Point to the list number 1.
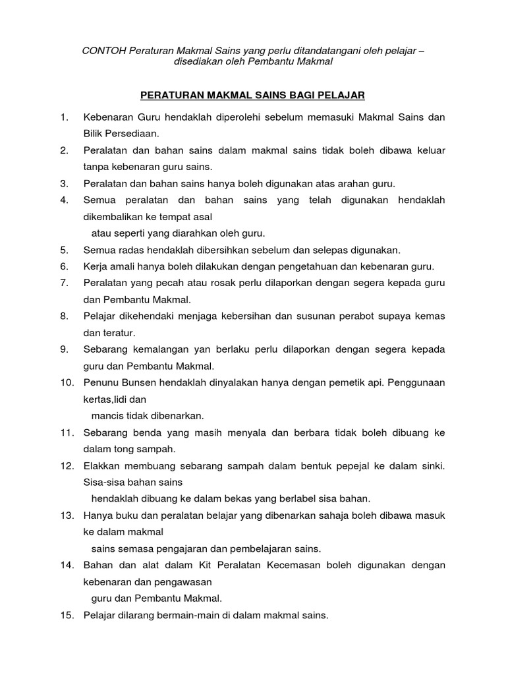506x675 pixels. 63,117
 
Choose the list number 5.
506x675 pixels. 63,250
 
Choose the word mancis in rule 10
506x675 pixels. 106,416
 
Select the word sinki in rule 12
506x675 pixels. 432,465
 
